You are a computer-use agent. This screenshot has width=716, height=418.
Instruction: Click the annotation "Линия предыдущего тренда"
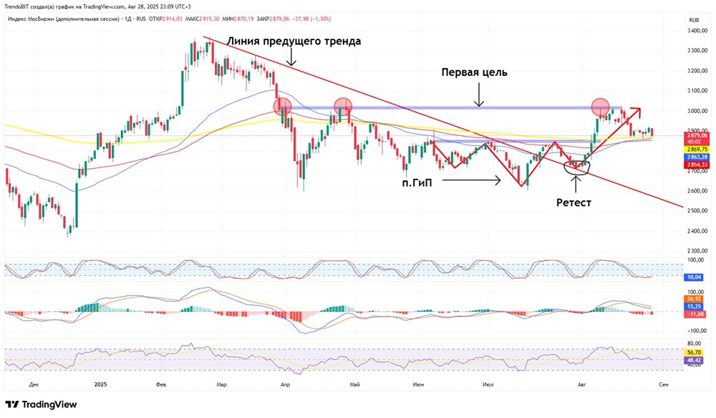294,42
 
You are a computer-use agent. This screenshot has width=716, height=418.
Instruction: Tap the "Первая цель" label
475,73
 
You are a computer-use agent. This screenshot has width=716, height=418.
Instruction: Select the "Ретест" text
574,203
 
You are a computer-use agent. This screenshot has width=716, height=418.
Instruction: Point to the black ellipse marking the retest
576,167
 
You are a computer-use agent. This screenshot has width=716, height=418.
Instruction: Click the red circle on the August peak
600,107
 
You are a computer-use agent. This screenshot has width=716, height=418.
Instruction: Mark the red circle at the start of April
282,107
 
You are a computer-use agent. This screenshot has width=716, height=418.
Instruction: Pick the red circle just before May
343,107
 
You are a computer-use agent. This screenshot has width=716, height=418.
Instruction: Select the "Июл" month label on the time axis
488,384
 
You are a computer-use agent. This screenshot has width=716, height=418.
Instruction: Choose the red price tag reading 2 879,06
696,135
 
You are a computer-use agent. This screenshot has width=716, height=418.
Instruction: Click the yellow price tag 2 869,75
696,149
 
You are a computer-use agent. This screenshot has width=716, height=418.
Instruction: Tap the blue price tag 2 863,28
696,157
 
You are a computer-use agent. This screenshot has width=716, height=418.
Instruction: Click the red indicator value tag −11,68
695,314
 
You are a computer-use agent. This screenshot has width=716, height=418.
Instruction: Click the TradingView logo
41,404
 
